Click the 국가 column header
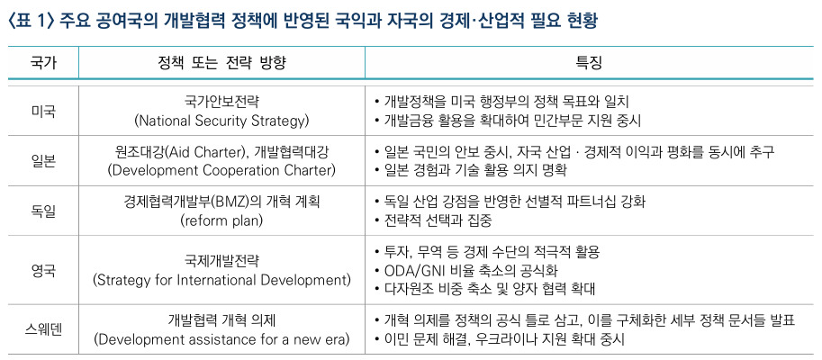pos(43,63)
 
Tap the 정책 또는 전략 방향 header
pos(221,63)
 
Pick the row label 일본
pos(43,161)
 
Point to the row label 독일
pos(43,211)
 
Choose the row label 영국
pos(43,270)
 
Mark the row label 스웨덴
pos(43,329)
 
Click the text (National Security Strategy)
pos(221,121)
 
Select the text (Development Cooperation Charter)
pos(221,171)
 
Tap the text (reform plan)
pos(221,220)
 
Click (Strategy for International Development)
pos(221,280)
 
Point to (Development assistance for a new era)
pos(221,339)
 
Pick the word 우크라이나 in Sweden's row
pos(501,339)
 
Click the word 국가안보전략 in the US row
pos(221,102)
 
